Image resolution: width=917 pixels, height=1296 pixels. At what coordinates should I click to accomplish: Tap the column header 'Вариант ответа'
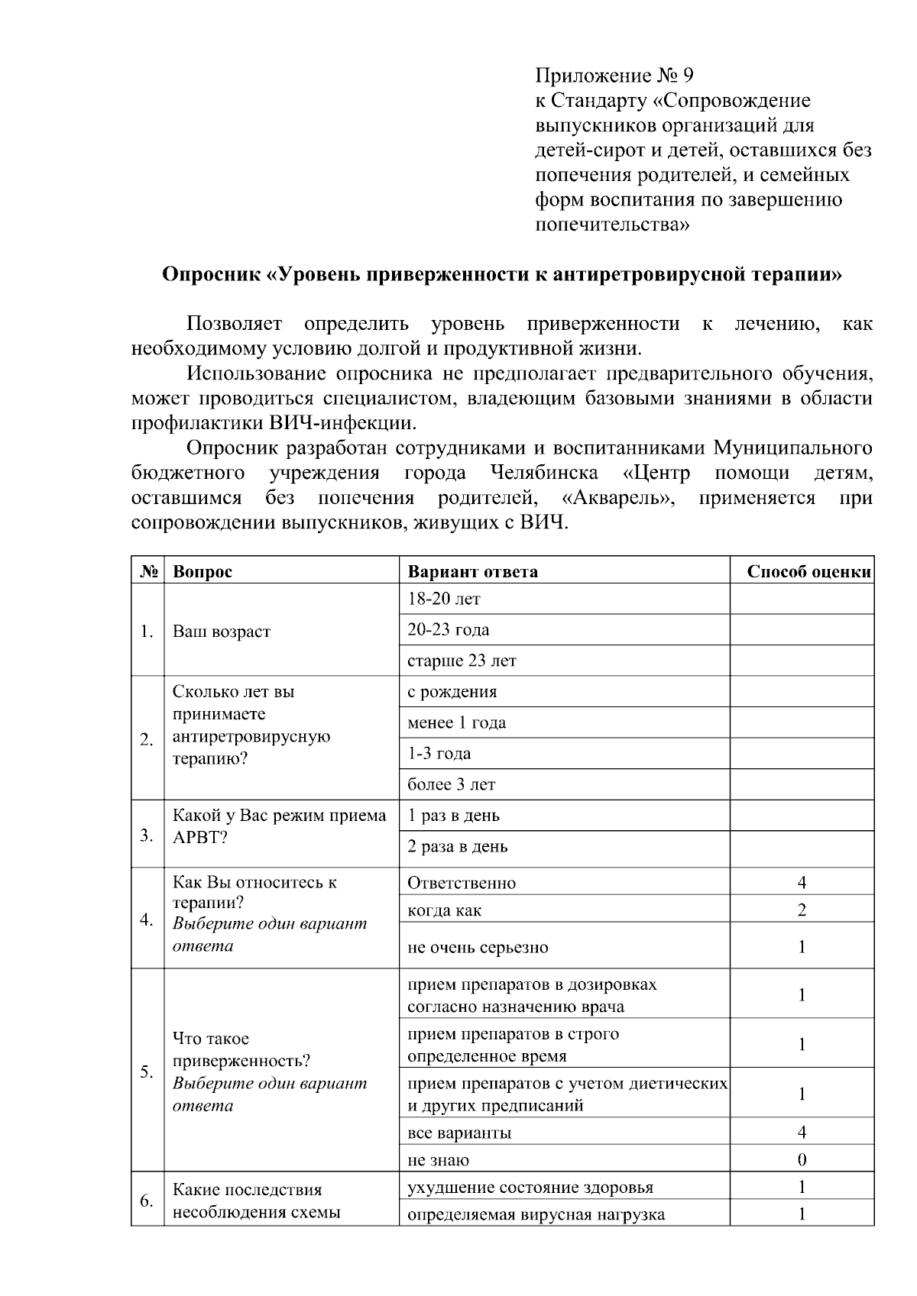pos(472,571)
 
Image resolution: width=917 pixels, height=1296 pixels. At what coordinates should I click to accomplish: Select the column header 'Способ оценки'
pos(808,571)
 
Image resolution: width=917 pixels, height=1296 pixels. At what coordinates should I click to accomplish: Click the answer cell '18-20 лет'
pos(444,600)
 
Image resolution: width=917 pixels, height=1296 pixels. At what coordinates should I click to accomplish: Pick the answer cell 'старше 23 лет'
pos(462,661)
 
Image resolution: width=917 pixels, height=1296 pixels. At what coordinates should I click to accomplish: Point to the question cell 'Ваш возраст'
pos(222,632)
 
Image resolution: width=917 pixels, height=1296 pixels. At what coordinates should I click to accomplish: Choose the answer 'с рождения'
pos(452,692)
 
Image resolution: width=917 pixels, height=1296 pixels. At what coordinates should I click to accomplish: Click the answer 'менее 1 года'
pos(456,722)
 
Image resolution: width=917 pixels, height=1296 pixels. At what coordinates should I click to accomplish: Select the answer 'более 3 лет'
pos(451,784)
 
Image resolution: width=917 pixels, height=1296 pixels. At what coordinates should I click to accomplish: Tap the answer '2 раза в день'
pos(457,846)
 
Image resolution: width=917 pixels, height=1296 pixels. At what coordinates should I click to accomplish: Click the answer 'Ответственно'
pos(462,883)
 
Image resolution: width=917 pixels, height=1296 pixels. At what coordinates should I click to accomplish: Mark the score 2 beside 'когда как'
pos(802,910)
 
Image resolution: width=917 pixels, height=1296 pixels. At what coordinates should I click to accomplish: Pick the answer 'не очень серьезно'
pos(478,947)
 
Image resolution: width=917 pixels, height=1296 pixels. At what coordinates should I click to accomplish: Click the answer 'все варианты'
pos(459,1133)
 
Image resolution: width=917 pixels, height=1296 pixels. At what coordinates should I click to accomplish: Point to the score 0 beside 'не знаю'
pos(802,1160)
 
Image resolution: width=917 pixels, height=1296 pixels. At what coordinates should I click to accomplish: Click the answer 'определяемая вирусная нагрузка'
pos(536,1214)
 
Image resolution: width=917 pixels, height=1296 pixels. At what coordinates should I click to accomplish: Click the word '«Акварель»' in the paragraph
pos(617,499)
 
